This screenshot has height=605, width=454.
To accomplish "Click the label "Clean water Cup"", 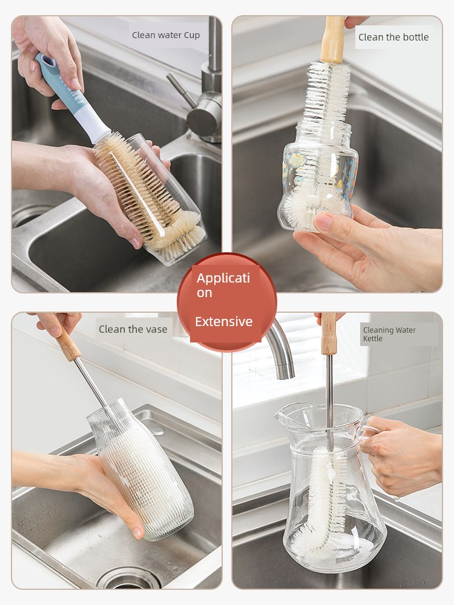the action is [x=166, y=35].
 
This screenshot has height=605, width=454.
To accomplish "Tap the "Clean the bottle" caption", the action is [x=393, y=37].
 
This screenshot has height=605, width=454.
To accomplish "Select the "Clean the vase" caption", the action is [x=133, y=329].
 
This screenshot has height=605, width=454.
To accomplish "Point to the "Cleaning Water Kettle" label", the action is [x=389, y=334].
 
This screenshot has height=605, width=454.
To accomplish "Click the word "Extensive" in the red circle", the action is [x=223, y=321].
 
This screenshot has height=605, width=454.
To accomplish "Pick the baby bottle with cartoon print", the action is [x=318, y=175].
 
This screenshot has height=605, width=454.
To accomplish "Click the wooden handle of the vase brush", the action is [x=68, y=345].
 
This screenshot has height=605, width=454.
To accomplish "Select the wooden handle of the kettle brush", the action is [x=329, y=334].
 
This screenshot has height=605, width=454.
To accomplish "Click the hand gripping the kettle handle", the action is [x=401, y=456].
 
